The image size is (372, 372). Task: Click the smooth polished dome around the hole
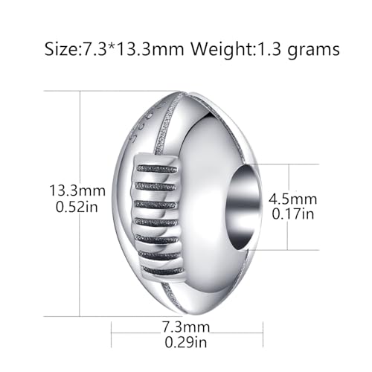(216, 149)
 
